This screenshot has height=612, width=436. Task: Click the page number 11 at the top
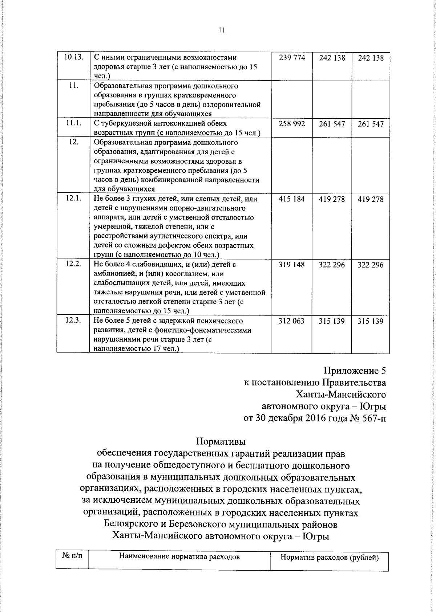[222, 30]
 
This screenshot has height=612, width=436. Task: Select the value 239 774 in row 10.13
[292, 58]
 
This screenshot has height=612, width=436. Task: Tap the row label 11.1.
[73, 123]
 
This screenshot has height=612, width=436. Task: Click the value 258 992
[292, 124]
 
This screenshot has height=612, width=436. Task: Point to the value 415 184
[292, 199]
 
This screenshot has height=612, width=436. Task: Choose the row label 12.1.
[73, 198]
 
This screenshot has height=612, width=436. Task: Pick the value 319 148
[292, 265]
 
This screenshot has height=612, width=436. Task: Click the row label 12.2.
[73, 264]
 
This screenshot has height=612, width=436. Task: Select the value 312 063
[291, 321]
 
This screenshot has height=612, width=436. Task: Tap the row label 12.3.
[73, 320]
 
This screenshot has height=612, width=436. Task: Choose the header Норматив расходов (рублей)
[330, 558]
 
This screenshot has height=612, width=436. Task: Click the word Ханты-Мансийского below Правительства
[341, 394]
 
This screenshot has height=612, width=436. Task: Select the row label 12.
[74, 142]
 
